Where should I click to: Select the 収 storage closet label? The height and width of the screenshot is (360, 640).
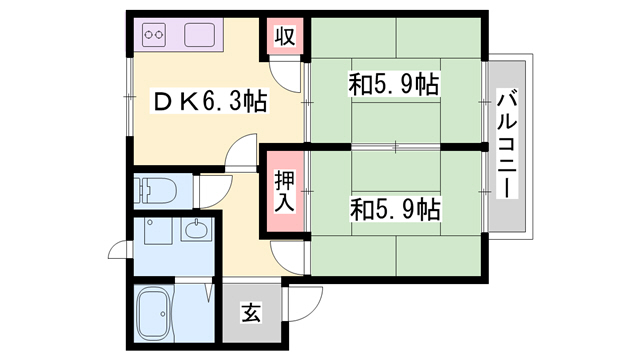(x=285, y=38)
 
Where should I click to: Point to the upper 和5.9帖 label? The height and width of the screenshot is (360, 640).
(x=394, y=85)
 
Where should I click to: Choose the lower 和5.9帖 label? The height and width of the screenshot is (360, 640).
(x=394, y=209)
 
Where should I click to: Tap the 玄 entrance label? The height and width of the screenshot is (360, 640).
(x=250, y=312)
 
